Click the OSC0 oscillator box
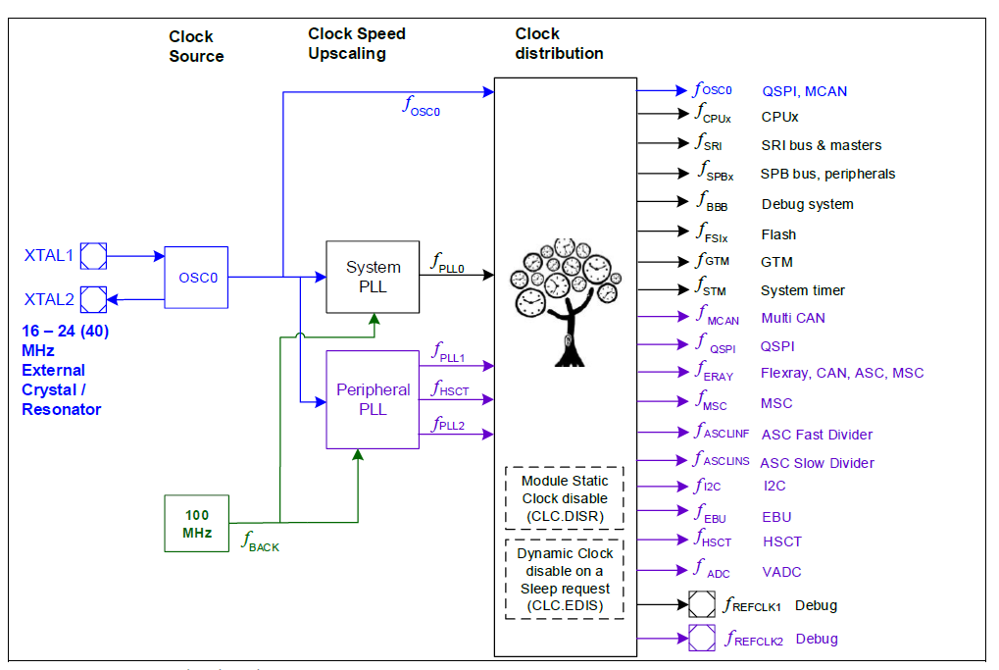point(196,278)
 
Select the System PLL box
point(373,277)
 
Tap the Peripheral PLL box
point(373,399)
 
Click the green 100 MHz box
point(196,523)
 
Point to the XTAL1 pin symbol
point(93,257)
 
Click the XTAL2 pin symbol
point(93,297)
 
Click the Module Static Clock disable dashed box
point(564,498)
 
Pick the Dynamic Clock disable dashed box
point(564,580)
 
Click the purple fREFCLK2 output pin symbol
point(702,639)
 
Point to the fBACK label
point(261,541)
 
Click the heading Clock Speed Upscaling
point(357,43)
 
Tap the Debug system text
point(807,204)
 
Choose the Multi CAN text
point(793,318)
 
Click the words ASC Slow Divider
point(817,463)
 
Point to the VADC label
point(781,571)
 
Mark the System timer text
point(802,290)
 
